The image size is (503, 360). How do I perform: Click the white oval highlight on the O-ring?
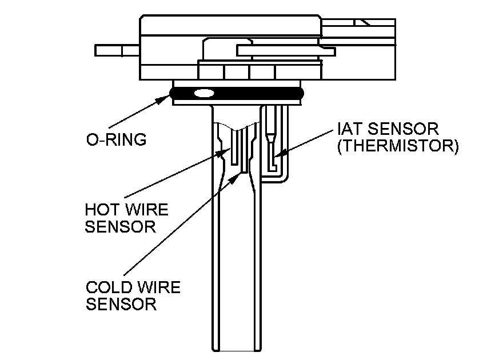203,93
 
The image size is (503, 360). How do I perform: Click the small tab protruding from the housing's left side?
117,50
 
